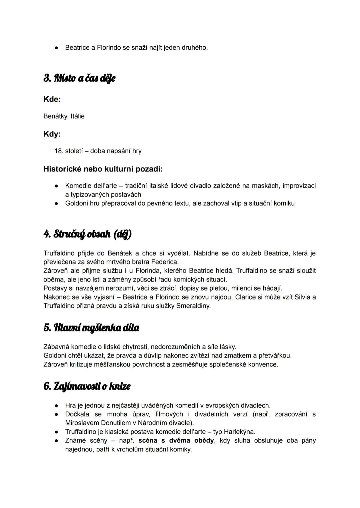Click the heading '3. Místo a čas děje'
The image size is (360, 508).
[79, 78]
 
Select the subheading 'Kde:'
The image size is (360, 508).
[52, 99]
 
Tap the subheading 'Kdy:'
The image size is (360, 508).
[52, 134]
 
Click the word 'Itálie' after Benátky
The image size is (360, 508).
[77, 116]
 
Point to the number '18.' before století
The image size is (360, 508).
[59, 151]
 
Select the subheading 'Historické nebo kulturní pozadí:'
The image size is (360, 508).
[103, 169]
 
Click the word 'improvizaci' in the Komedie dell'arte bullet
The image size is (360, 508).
[299, 186]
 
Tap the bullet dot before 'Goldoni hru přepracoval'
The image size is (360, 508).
[57, 204]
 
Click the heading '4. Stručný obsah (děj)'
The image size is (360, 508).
[88, 234]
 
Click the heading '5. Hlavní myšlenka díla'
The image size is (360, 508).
[91, 328]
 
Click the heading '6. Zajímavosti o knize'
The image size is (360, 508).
[87, 386]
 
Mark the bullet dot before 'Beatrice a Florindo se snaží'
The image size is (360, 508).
[57, 48]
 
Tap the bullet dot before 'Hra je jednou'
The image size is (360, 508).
[57, 406]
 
